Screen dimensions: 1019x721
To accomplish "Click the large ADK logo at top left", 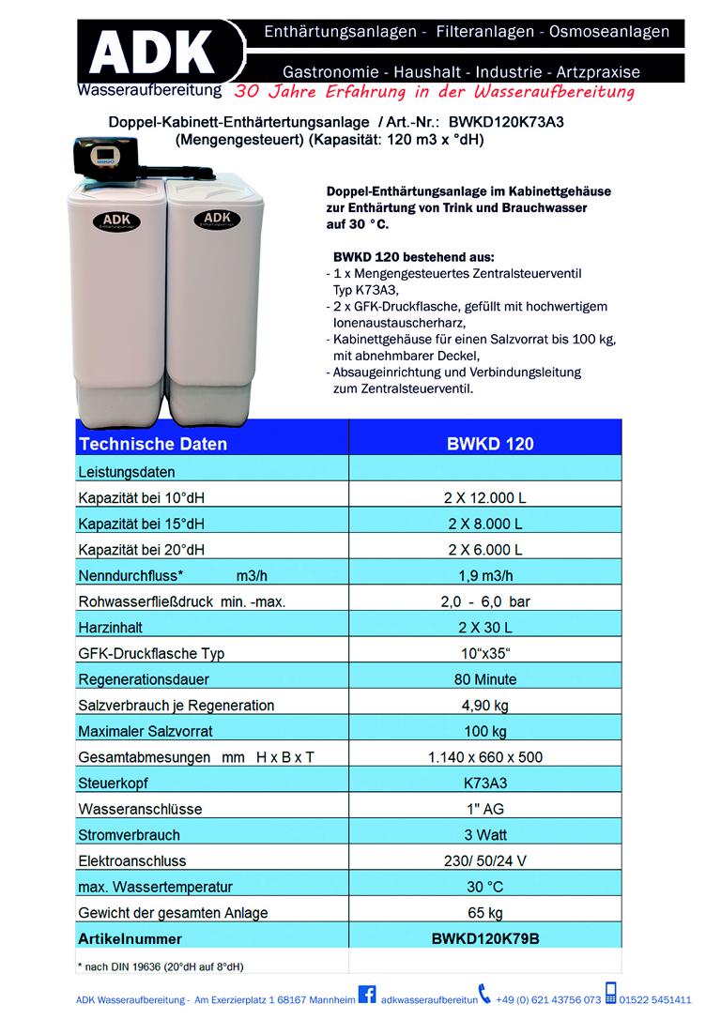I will point(150,52).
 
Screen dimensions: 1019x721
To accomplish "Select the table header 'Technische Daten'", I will point(153,444).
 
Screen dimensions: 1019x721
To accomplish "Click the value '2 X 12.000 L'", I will point(484,497).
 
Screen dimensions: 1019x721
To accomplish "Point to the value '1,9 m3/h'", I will point(484,575).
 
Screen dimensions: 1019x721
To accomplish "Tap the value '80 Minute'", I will point(484,678).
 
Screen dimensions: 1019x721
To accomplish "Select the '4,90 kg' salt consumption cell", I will point(484,705).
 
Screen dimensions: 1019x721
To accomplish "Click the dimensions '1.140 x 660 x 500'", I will point(484,756).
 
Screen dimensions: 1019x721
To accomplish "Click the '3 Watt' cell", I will point(484,834).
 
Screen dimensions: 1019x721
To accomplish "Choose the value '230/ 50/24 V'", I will point(484,860).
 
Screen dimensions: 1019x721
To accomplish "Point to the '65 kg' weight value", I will point(484,912).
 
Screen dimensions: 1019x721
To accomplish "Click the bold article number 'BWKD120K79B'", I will point(484,937).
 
